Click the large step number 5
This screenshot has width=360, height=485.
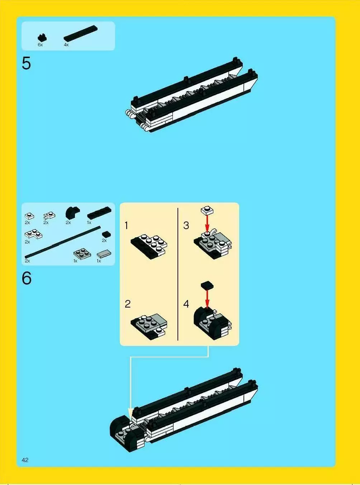[x=27, y=63]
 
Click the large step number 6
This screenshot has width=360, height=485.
[x=27, y=279]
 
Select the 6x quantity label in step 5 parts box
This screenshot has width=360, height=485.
[x=40, y=45]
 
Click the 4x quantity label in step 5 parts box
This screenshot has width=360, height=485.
[x=66, y=45]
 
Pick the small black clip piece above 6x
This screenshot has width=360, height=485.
[x=42, y=37]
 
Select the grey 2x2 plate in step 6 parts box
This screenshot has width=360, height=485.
[x=82, y=254]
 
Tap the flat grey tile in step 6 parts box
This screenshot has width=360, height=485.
[x=104, y=254]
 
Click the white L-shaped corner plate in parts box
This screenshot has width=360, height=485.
[x=33, y=234]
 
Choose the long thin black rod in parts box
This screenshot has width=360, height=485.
[x=63, y=242]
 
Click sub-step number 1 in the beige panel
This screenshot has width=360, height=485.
[x=127, y=225]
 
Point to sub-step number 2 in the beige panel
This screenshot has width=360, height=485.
[x=128, y=304]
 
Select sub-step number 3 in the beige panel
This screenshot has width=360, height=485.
[x=186, y=225]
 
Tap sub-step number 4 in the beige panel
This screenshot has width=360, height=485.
[x=186, y=304]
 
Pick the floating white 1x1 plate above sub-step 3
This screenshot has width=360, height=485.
[x=207, y=210]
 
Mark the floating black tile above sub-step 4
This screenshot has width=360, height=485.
[x=207, y=285]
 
